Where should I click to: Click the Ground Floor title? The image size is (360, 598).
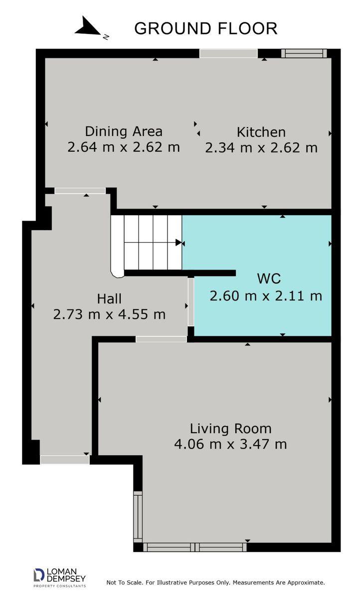pyautogui.click(x=205, y=28)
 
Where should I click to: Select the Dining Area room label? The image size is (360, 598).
pyautogui.click(x=124, y=132)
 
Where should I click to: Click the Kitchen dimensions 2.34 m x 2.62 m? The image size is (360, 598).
pyautogui.click(x=261, y=148)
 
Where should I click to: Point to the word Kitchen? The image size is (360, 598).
pyautogui.click(x=261, y=132)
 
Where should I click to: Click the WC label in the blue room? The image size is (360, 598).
pyautogui.click(x=269, y=279)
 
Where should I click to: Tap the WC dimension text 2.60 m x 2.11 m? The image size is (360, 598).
pyautogui.click(x=266, y=296)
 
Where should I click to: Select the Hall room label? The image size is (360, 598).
pyautogui.click(x=109, y=299)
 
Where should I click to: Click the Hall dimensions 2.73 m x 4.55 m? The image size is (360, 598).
pyautogui.click(x=109, y=314)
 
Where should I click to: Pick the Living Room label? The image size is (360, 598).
pyautogui.click(x=231, y=429)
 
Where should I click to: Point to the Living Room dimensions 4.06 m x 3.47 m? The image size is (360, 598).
pyautogui.click(x=231, y=444)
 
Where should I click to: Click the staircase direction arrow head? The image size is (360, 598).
pyautogui.click(x=179, y=243)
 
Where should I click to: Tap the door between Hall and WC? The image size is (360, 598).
pyautogui.click(x=190, y=302)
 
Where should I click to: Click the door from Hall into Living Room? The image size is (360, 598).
pyautogui.click(x=161, y=339)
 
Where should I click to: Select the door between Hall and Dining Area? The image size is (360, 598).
pyautogui.click(x=80, y=190)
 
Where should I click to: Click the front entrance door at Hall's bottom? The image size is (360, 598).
pyautogui.click(x=65, y=459)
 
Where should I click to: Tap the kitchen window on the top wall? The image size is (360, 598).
pyautogui.click(x=304, y=53)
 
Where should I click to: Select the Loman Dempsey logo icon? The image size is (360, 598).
pyautogui.click(x=39, y=575)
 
